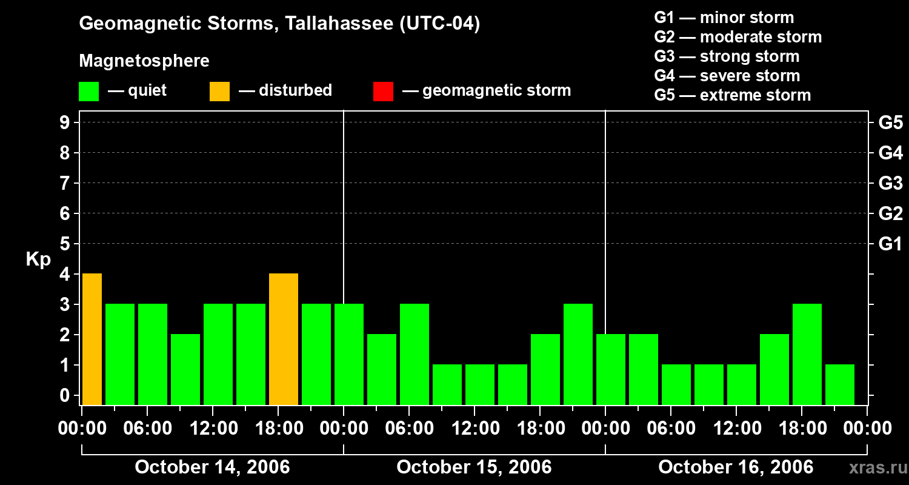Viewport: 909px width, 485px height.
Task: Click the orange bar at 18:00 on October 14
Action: pos(284,339)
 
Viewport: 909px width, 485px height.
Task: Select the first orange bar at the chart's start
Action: pos(92,339)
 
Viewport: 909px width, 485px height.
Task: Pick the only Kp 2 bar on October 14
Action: pos(185,369)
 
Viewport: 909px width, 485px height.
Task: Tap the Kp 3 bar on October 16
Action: pos(807,354)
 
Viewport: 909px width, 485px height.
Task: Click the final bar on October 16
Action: pos(840,384)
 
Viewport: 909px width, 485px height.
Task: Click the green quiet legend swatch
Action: pos(88,92)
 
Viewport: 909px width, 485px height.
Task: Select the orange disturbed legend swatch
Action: pos(219,92)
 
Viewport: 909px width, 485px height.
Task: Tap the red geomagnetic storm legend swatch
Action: pos(383,92)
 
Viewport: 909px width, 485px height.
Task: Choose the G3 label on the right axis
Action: pos(890,184)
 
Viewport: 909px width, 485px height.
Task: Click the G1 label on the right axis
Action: pos(890,244)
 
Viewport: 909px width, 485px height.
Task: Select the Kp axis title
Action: pos(38,259)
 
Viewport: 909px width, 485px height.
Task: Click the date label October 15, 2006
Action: pos(474,467)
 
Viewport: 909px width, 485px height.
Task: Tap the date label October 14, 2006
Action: pos(212,467)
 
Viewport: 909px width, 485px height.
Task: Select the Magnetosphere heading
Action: pos(144,61)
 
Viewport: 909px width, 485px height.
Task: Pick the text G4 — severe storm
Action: pos(727,76)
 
